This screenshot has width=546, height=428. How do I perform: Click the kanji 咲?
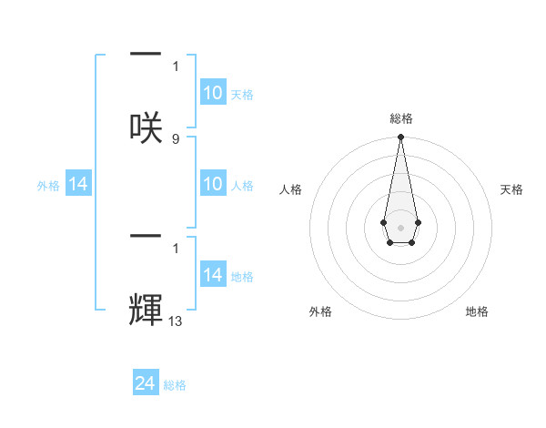tap(146, 126)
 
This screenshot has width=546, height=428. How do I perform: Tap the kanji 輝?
tap(146, 309)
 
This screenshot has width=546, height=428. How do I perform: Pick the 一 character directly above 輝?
tap(146, 238)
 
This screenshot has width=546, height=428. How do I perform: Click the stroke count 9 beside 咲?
tap(176, 139)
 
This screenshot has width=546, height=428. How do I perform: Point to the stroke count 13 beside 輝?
tap(177, 321)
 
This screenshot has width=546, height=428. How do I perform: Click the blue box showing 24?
tap(146, 384)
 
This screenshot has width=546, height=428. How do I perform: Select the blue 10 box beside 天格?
tap(213, 93)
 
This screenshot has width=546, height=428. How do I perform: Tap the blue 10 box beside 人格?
tap(213, 185)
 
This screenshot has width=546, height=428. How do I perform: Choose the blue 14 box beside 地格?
tap(213, 275)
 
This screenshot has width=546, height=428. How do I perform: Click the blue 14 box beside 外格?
tap(78, 185)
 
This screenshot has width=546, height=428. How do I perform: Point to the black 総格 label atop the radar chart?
tap(400, 118)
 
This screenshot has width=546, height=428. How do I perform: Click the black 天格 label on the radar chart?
tap(511, 189)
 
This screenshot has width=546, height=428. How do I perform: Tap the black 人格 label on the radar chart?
tap(291, 189)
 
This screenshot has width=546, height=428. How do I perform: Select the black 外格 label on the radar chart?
tap(319, 311)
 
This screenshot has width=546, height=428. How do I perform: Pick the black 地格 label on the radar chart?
tap(477, 311)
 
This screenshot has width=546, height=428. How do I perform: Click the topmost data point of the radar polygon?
tap(400, 137)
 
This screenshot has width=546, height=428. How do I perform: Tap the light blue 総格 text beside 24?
tap(175, 385)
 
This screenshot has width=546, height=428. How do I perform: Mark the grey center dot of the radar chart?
tap(400, 226)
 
